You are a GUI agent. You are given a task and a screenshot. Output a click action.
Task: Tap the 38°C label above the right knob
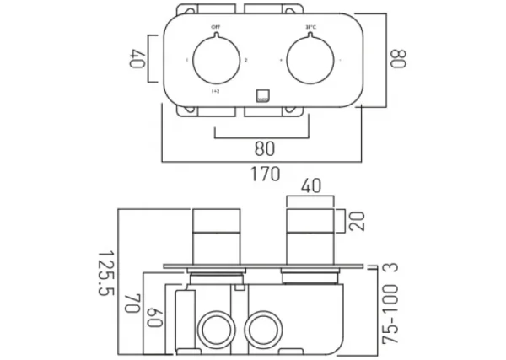click(x=310, y=28)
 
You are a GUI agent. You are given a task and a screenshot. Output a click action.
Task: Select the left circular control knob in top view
click(x=215, y=62)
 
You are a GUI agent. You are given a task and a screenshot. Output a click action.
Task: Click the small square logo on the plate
click(x=261, y=95)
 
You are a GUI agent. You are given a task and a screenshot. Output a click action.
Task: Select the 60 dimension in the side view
click(x=152, y=318)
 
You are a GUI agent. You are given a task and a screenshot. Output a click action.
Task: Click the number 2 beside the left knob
click(x=245, y=62)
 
